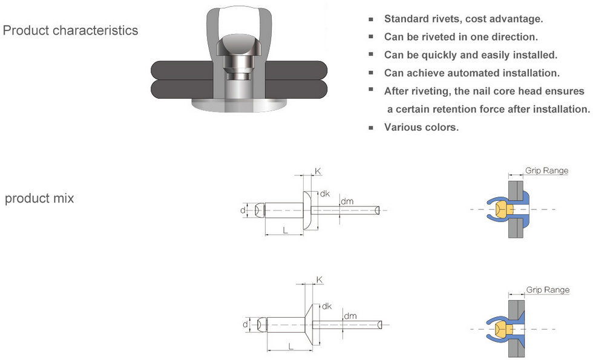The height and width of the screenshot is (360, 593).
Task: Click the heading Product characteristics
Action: [70, 31]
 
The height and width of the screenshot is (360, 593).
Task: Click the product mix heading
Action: [39, 198]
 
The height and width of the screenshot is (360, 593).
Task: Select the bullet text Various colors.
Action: [421, 127]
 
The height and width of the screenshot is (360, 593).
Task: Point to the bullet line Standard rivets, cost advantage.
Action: [464, 19]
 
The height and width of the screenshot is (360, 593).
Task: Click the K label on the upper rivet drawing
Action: [318, 171]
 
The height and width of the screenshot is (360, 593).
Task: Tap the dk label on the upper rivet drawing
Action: [325, 194]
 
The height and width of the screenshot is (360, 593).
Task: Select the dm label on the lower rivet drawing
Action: [350, 316]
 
